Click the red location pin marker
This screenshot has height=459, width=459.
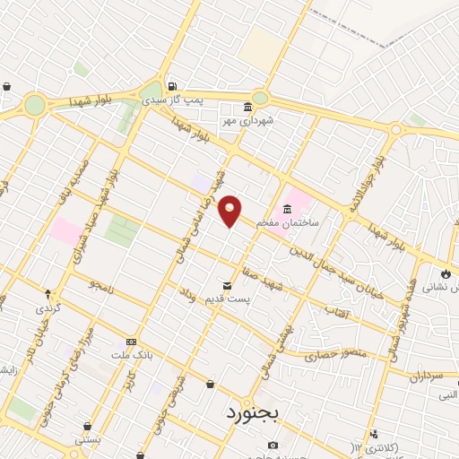pyautogui.click(x=230, y=210)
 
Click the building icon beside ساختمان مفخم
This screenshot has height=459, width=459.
pyautogui.click(x=287, y=210)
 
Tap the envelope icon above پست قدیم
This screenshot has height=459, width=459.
pyautogui.click(x=226, y=286)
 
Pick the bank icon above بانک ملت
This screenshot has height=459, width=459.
pyautogui.click(x=131, y=342)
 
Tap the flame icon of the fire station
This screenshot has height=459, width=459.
pyautogui.click(x=446, y=273)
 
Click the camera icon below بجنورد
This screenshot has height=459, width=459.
pyautogui.click(x=273, y=445)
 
